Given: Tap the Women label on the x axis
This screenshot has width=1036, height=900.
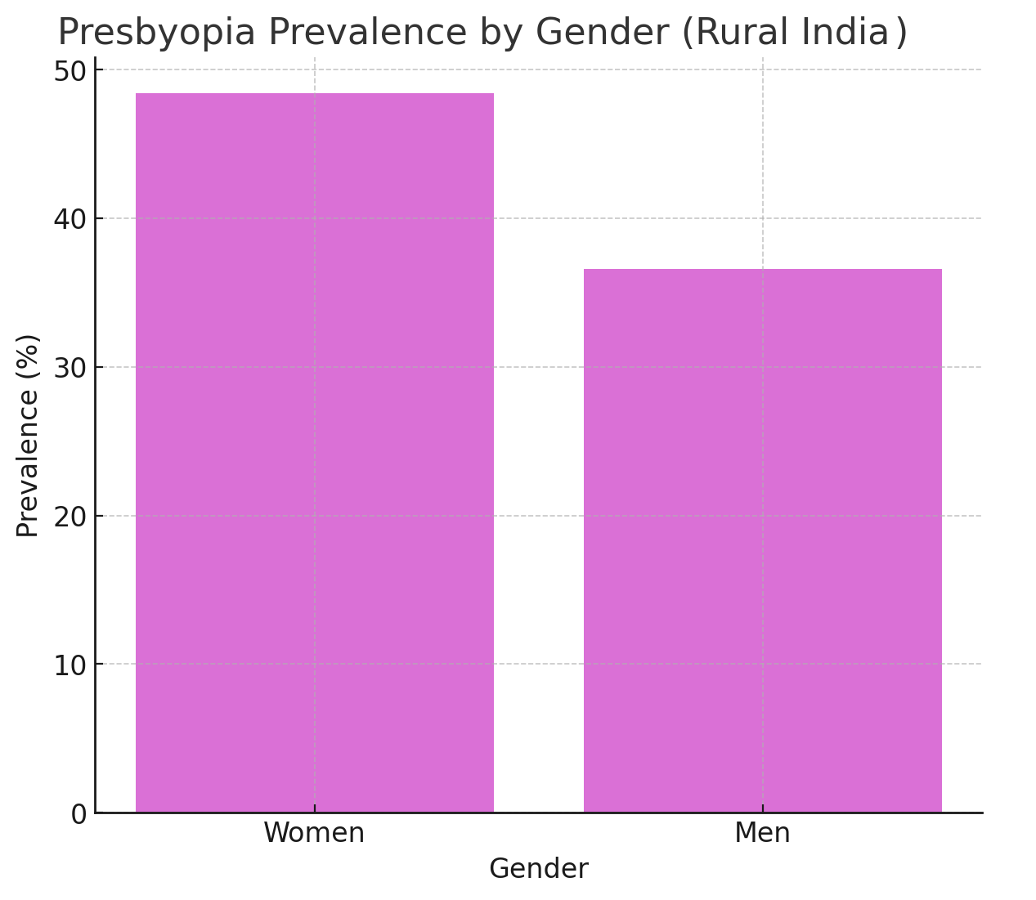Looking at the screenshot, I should [314, 833].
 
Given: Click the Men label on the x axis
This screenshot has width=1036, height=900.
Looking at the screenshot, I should [762, 833].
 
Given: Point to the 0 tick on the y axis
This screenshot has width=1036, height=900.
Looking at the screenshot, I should [78, 814].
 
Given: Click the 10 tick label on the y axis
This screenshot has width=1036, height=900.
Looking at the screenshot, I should [70, 665].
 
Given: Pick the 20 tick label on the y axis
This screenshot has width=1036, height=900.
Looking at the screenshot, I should [70, 517].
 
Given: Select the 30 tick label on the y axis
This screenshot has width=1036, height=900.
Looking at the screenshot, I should [70, 368].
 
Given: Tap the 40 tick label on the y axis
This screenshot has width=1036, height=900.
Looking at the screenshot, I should [70, 219].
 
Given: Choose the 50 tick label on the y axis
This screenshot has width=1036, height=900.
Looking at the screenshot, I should [70, 71].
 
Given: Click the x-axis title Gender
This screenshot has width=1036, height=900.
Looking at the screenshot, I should [538, 869].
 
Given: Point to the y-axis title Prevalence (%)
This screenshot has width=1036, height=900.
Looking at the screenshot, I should [28, 435].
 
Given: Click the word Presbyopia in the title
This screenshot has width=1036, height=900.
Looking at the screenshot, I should [156, 34].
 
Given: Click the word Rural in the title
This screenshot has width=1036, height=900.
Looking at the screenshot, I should [738, 34].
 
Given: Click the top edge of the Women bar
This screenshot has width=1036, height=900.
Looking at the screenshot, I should [314, 94].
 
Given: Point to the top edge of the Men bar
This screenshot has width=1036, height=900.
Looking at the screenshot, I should [762, 270].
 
